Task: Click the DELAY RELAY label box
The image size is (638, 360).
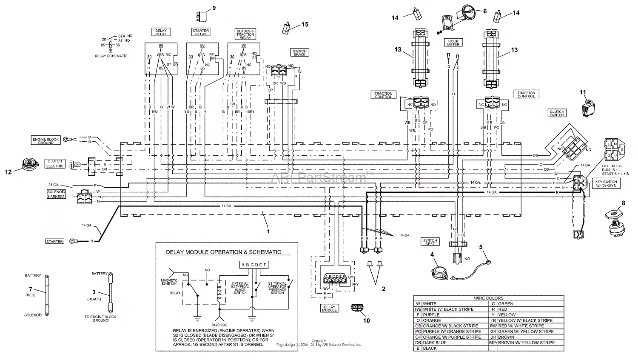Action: [x=161, y=32]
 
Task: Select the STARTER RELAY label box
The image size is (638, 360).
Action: [x=200, y=32]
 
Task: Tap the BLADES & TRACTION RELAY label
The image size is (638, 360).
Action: [x=245, y=34]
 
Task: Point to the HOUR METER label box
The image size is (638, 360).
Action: [x=453, y=43]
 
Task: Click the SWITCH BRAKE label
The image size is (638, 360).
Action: [x=299, y=53]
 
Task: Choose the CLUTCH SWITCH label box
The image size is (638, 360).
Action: [x=557, y=113]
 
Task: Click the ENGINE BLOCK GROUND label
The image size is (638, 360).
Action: [x=46, y=140]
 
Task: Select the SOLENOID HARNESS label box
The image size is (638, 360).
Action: [x=56, y=194]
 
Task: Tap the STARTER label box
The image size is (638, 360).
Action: [x=54, y=241]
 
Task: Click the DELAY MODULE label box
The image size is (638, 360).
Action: [x=329, y=308]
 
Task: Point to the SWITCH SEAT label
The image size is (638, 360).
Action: [x=430, y=242]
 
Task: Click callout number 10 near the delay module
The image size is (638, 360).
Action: [x=366, y=320]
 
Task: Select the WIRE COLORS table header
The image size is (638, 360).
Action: [x=488, y=298]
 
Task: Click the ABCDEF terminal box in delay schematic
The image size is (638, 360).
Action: [x=254, y=265]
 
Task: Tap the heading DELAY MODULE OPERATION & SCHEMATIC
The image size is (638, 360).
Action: [x=223, y=252]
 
